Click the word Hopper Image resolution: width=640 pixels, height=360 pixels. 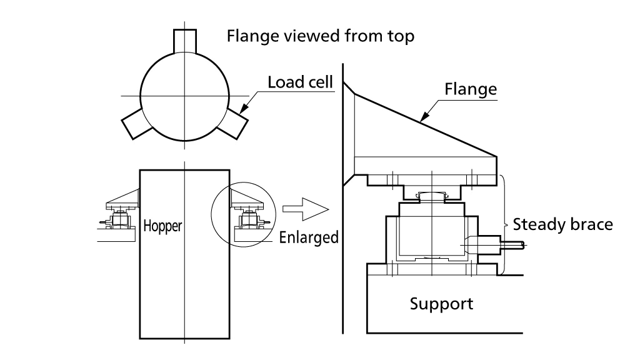point(162,226)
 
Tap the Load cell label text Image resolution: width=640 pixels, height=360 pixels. point(301,82)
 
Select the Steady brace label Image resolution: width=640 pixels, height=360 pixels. point(563,224)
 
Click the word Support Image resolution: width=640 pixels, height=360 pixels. point(441,304)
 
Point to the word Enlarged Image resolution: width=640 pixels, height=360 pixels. point(309,237)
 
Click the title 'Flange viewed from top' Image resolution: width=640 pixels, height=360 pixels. point(321,36)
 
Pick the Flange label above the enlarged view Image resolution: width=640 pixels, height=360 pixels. point(471,89)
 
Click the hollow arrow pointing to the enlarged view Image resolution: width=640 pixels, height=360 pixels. point(306,209)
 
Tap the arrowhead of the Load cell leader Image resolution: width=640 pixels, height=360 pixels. point(243,109)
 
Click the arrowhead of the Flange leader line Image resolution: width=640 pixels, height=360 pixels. point(424,117)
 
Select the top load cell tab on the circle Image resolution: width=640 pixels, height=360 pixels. point(185,41)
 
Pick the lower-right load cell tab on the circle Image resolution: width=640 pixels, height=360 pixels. point(232,124)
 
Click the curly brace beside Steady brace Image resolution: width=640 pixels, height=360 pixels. point(504,224)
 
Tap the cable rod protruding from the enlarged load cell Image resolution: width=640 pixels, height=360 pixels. point(512,245)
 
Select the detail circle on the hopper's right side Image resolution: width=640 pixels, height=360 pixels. point(243,182)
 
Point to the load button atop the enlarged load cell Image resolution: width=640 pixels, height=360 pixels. point(432,197)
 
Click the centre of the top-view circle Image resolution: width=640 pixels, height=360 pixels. point(185,96)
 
